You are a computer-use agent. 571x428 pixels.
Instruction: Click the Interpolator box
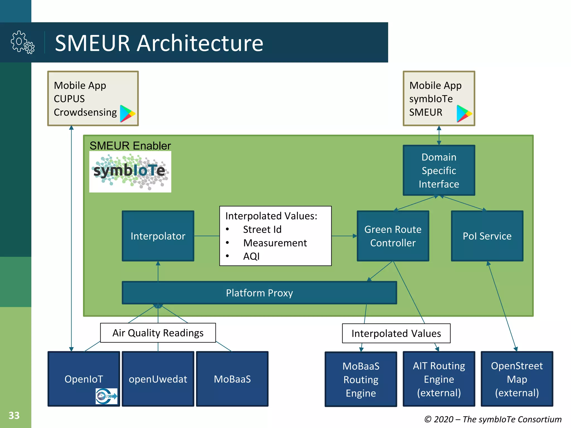pos(158,236)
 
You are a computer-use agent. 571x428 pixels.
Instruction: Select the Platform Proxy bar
pos(259,293)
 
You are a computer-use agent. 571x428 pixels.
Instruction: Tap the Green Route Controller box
pos(393,236)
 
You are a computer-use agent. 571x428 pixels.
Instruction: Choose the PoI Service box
pos(487,236)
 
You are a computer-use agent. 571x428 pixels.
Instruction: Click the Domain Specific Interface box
pos(439,170)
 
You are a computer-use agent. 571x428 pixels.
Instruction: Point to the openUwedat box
pos(158,379)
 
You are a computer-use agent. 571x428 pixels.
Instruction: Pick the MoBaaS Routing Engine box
pos(361,379)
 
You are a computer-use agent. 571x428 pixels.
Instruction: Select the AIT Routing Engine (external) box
pos(439,379)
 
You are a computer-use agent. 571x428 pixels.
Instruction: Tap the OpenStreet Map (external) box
pos(517,379)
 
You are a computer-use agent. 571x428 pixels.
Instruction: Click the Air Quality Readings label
pos(158,333)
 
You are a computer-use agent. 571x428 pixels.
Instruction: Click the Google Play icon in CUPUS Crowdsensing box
pos(127,113)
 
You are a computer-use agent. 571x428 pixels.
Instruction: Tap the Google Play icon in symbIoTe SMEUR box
pos(464,113)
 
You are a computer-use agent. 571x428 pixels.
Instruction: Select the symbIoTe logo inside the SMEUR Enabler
pos(130,172)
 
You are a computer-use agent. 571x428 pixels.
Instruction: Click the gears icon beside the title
pos(23,42)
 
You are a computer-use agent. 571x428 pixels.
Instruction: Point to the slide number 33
pos(14,415)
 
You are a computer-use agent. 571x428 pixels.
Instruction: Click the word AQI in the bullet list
pos(251,256)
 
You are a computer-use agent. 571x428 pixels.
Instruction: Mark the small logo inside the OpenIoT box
pos(107,396)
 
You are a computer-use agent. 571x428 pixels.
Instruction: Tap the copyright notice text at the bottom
pos(493,419)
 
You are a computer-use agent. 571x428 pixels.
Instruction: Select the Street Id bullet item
pos(262,229)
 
